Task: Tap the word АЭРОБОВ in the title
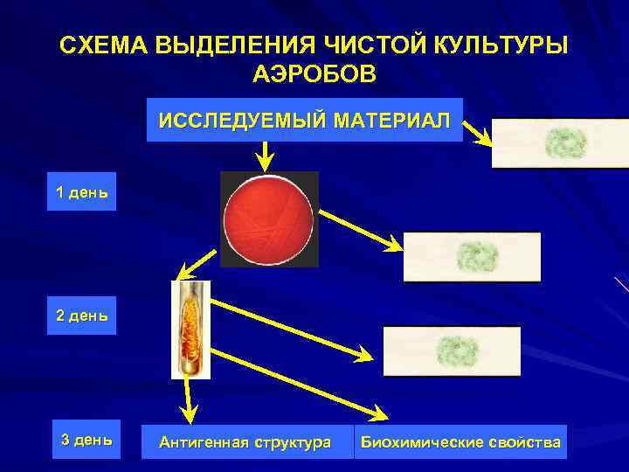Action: click(x=314, y=74)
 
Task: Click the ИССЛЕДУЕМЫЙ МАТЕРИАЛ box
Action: click(x=303, y=120)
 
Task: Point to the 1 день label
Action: click(x=82, y=192)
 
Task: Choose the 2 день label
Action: click(x=82, y=316)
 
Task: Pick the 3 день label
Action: click(x=86, y=440)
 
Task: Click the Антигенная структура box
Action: click(x=245, y=442)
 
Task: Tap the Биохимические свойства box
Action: click(x=460, y=442)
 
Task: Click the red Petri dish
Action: click(x=268, y=219)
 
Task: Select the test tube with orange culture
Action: click(x=190, y=329)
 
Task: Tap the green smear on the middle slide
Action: click(x=476, y=256)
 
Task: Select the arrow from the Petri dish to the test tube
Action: click(x=198, y=263)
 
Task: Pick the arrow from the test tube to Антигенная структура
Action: click(x=186, y=399)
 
